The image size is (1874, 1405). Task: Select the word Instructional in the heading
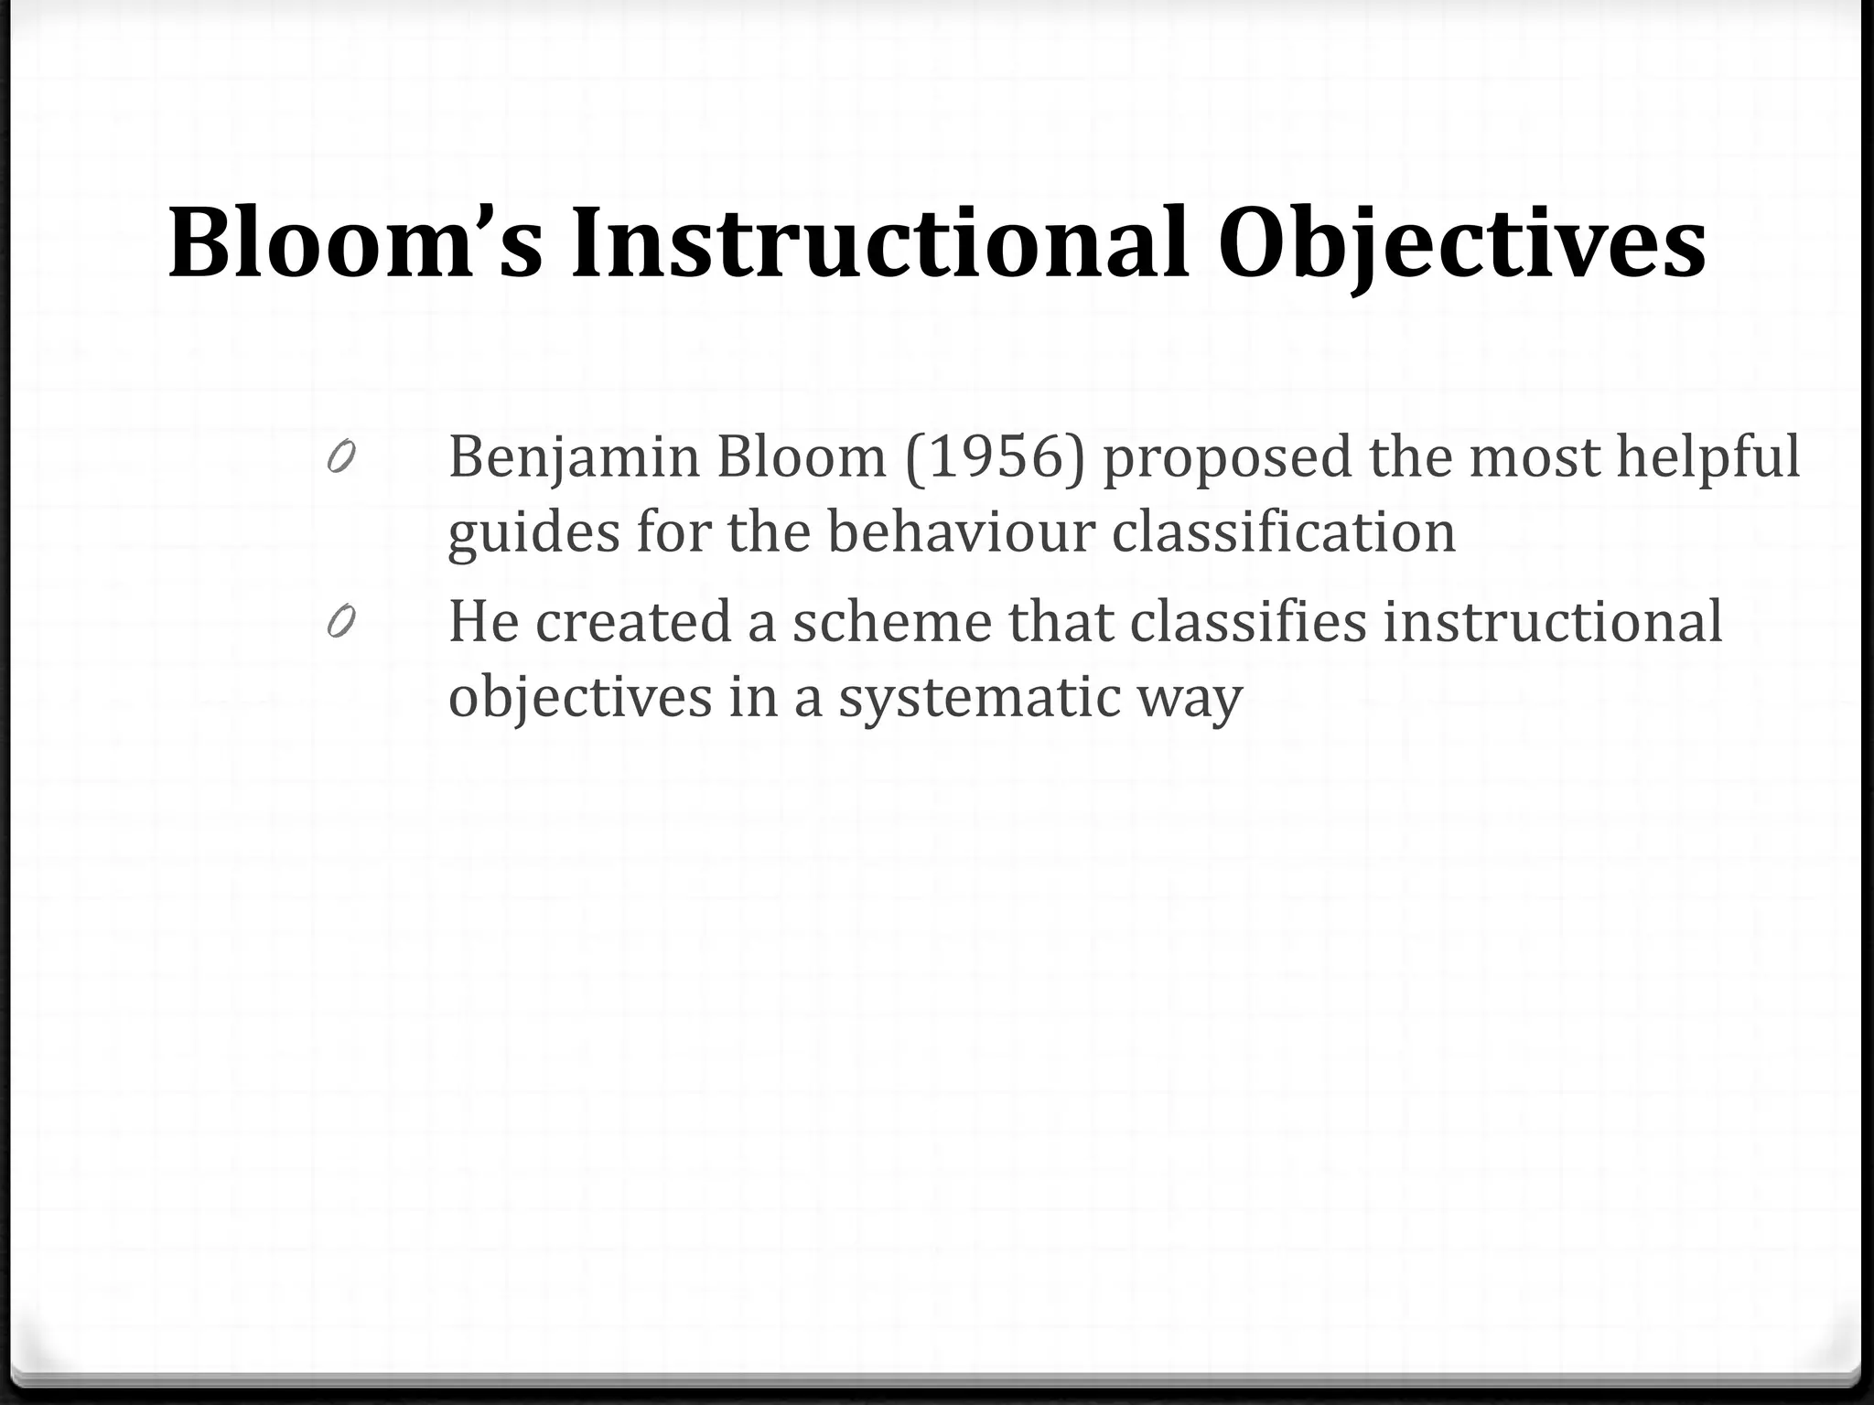[879, 243]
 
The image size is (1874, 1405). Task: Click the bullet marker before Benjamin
[340, 456]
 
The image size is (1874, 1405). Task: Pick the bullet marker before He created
[340, 622]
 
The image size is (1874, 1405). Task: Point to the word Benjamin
[574, 457]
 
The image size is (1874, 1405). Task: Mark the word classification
[1283, 531]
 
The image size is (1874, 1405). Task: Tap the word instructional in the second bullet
[1552, 622]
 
